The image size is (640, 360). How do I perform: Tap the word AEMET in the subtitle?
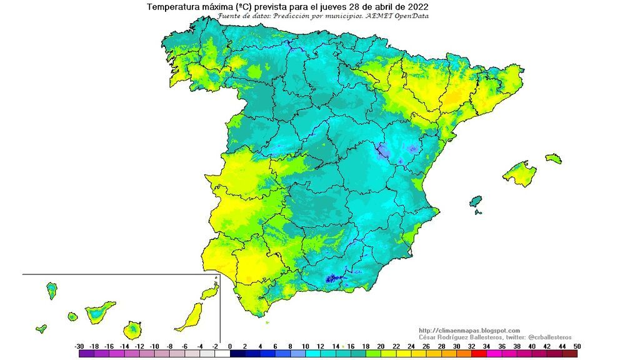pyautogui.click(x=382, y=16)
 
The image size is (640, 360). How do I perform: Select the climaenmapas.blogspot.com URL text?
pyautogui.click(x=469, y=331)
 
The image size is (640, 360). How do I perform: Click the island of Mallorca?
pyautogui.click(x=519, y=173)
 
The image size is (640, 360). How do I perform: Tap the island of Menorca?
pyautogui.click(x=553, y=159)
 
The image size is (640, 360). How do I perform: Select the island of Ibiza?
pyautogui.click(x=476, y=201)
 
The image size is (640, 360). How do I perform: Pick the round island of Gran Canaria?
pyautogui.click(x=132, y=329)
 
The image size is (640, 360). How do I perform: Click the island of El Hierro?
pyautogui.click(x=41, y=328)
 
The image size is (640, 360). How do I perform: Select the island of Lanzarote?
pyautogui.click(x=209, y=292)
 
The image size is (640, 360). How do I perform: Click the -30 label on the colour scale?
pyautogui.click(x=79, y=346)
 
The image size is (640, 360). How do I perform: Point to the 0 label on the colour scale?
pyautogui.click(x=229, y=346)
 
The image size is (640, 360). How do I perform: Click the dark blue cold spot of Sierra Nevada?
pyautogui.click(x=332, y=281)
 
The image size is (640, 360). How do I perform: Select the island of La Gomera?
pyautogui.click(x=72, y=317)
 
